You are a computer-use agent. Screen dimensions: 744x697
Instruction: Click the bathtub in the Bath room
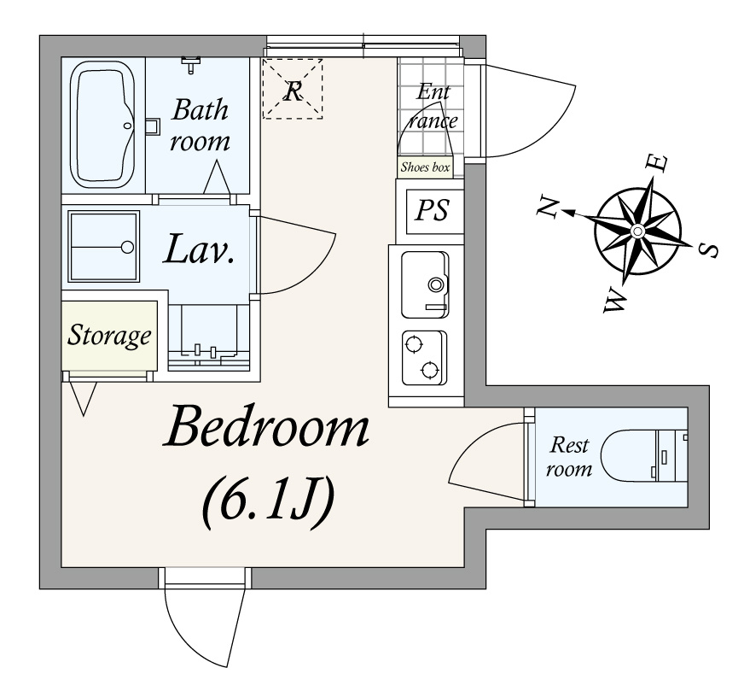point(102,126)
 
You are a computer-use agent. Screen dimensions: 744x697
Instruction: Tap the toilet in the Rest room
point(644,455)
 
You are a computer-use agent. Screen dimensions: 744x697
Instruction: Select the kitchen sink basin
point(425,284)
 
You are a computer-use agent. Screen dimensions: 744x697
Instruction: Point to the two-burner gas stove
point(424,358)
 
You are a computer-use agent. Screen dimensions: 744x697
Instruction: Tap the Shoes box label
point(425,167)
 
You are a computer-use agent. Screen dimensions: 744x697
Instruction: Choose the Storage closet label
point(109,336)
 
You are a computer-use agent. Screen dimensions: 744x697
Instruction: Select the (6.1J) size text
point(269,504)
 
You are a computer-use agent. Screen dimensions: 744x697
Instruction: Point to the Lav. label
point(200,249)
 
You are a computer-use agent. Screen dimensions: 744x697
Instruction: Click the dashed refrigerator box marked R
point(293,89)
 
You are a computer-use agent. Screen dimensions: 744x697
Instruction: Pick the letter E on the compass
point(658,164)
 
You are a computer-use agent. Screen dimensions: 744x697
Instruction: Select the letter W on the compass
point(615,301)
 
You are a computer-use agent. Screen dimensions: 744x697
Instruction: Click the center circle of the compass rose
point(637,231)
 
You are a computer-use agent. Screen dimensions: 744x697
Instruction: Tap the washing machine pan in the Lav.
point(104,246)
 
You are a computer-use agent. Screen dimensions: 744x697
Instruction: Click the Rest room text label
point(569,457)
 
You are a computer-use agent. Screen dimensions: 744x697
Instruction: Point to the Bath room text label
point(200,125)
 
